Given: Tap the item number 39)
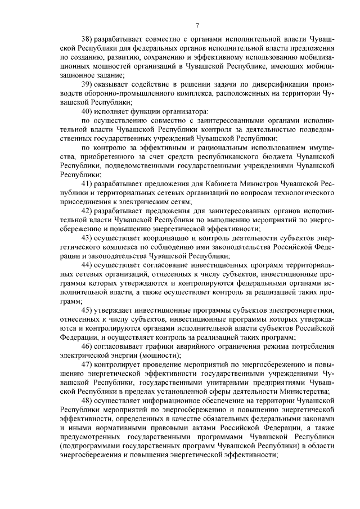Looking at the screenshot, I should pos(88,84).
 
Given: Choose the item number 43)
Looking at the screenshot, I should pos(88,238).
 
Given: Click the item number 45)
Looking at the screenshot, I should pos(88,310).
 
